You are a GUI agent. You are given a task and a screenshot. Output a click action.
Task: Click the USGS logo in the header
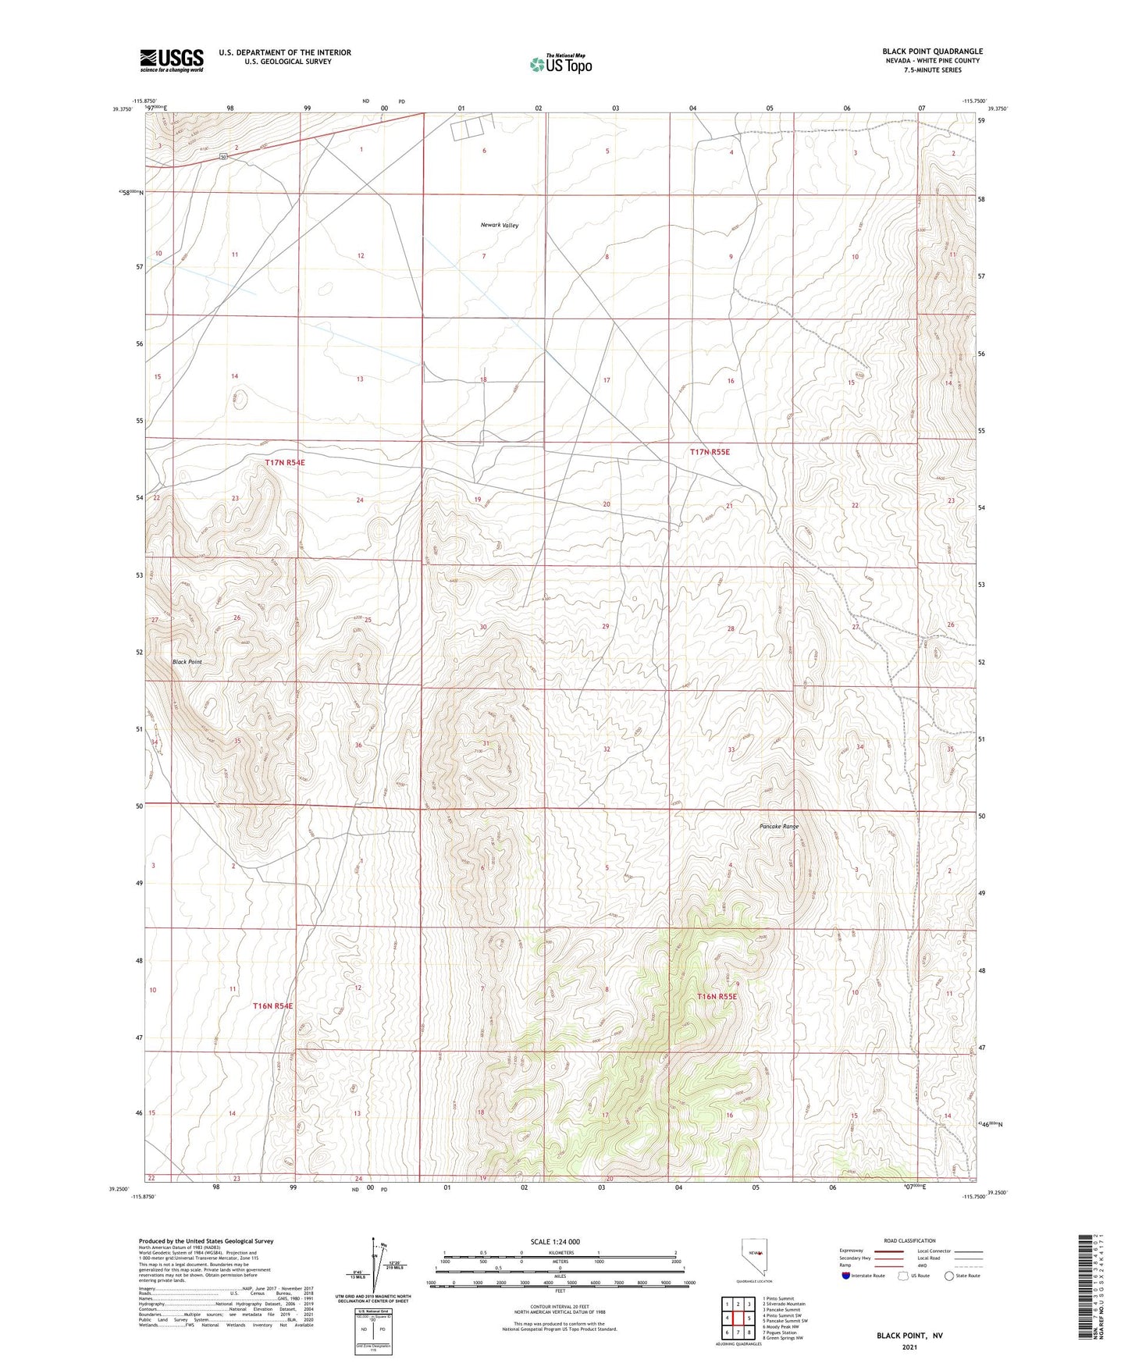tap(172, 60)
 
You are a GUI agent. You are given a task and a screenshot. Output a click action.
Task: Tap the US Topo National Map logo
tap(560, 64)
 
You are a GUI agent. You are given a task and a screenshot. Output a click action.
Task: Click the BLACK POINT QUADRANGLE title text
tap(932, 52)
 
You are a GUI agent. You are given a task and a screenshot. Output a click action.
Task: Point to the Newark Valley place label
tap(499, 225)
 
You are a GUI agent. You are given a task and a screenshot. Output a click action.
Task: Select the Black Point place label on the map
tap(187, 662)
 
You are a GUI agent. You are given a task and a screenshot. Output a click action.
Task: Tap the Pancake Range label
tap(778, 826)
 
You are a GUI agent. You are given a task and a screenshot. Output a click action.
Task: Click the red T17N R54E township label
tap(284, 462)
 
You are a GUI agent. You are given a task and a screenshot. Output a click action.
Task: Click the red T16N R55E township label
tap(717, 997)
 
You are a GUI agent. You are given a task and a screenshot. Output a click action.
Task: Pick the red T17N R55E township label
tap(709, 451)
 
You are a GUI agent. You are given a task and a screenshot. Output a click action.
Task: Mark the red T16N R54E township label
tap(273, 1006)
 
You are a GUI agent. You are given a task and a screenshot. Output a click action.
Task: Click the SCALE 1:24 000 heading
tap(555, 1242)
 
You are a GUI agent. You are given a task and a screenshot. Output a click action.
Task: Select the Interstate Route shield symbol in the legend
tap(846, 1276)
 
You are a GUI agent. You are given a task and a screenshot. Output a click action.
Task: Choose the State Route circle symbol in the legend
tap(949, 1276)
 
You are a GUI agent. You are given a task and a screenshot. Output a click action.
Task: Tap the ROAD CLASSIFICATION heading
tap(909, 1240)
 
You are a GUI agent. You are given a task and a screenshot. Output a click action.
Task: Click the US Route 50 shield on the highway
tap(223, 157)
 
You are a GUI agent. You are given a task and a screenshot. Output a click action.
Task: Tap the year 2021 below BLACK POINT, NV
tap(909, 1347)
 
